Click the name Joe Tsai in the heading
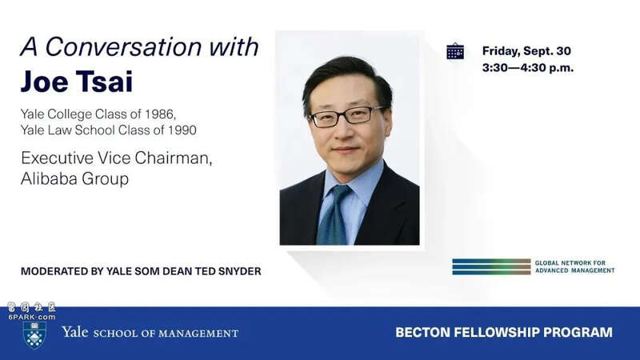click(x=77, y=82)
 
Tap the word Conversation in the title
click(x=123, y=46)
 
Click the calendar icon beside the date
click(x=455, y=51)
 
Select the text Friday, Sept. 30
click(x=526, y=51)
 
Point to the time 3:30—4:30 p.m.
click(x=528, y=67)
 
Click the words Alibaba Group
click(x=74, y=178)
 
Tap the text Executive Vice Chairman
click(x=116, y=158)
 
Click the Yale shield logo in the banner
click(x=34, y=334)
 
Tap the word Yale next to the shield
click(x=75, y=331)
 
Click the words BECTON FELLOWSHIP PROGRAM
click(x=504, y=332)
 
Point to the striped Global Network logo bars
click(x=491, y=266)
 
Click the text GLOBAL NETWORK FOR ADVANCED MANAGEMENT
click(x=574, y=266)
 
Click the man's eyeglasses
click(x=346, y=115)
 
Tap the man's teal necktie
click(x=333, y=215)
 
